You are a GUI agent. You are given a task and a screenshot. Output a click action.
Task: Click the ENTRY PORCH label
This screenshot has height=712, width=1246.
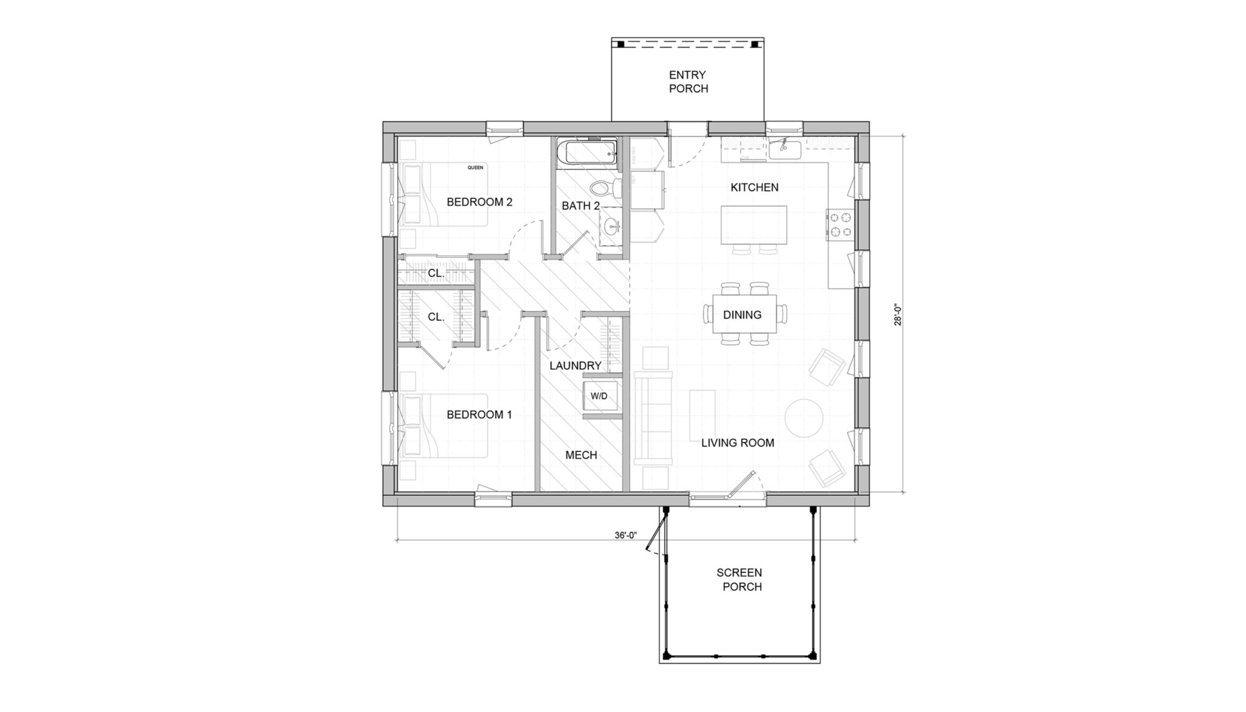pos(688,82)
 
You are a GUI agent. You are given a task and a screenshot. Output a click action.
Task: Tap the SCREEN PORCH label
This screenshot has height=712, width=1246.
pos(739,579)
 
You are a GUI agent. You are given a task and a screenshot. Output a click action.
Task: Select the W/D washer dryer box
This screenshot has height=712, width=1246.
pos(599,396)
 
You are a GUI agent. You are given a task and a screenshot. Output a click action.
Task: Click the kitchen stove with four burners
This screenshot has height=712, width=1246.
pos(840,224)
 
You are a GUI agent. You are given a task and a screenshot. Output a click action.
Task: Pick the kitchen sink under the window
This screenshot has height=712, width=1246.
pos(784,148)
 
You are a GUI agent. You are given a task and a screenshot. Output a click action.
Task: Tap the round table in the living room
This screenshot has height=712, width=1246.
pos(804,418)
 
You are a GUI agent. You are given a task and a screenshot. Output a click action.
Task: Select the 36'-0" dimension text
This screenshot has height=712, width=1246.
pos(625,536)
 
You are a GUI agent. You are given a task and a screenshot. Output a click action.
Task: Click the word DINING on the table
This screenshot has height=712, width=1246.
pos(742,315)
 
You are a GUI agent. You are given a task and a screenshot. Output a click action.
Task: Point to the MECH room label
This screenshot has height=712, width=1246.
pos(581,455)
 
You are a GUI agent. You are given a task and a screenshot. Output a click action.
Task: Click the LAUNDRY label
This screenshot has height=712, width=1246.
pos(575,366)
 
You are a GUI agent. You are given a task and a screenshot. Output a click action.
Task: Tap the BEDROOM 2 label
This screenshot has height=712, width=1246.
pos(479,202)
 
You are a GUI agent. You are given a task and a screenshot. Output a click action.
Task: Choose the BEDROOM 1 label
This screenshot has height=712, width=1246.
pos(479,415)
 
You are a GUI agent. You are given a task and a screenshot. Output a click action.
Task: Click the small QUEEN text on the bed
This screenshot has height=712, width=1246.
pos(475,167)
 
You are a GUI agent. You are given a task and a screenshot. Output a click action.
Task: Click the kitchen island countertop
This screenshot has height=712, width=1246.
pos(753,225)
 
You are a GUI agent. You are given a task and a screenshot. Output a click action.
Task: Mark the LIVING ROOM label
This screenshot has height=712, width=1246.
pos(737,443)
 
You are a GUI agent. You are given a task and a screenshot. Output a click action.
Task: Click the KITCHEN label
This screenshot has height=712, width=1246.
pos(754,187)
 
